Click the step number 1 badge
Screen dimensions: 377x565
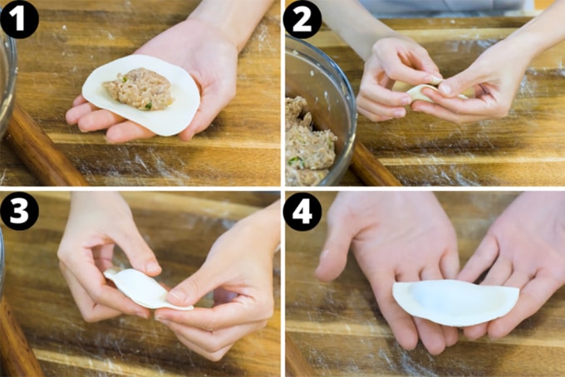coord(18,19)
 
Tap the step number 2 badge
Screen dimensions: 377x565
coord(302,19)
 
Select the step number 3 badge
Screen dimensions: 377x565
coord(19,213)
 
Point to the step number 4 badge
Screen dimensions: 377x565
coord(302,213)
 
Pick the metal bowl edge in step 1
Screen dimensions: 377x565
coord(10,83)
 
